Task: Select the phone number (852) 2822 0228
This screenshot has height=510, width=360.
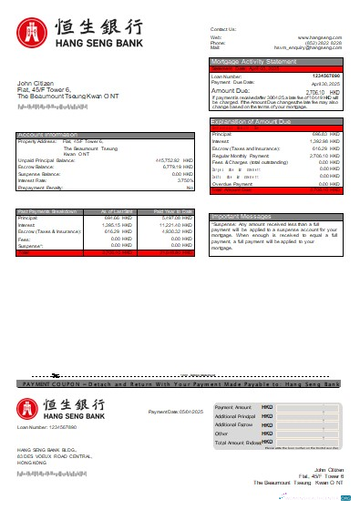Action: pos(324,43)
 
